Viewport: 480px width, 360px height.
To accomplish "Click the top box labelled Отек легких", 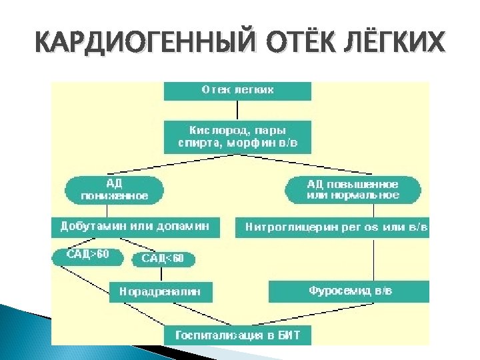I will coord(237,90).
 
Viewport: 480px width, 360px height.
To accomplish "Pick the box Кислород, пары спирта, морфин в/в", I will coord(237,136).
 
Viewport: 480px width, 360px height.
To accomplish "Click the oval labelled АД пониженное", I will coord(114,189).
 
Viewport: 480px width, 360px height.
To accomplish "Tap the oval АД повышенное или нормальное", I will coord(353,189).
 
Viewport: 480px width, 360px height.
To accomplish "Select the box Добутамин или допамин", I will coord(135,227).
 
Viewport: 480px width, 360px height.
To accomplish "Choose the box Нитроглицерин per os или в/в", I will coord(333,228).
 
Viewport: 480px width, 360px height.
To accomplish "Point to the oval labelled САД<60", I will coord(163,259).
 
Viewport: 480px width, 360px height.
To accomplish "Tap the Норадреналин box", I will coord(159,291).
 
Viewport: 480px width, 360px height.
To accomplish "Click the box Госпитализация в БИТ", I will coord(237,335).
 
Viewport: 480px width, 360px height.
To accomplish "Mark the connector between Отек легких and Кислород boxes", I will coord(237,110).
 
